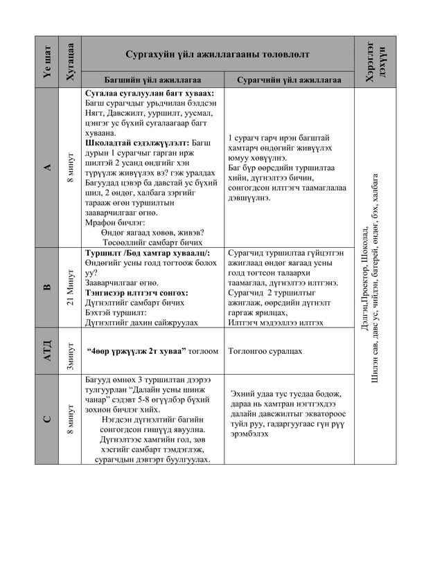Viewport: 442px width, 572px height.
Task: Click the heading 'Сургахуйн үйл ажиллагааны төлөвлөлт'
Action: click(218, 54)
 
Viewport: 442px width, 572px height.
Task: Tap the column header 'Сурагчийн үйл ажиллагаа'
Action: click(289, 80)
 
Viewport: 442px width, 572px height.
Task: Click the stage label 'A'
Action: click(47, 167)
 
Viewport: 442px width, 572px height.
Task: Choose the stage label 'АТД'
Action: click(47, 351)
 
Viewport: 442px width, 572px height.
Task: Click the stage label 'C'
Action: click(47, 419)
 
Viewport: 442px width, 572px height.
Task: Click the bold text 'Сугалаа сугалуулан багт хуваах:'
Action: click(149, 93)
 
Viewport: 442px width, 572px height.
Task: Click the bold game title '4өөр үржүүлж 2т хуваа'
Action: click(136, 351)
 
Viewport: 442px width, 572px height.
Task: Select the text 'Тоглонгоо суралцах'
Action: click(265, 351)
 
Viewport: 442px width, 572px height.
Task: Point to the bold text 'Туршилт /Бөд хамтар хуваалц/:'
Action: click(147, 253)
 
